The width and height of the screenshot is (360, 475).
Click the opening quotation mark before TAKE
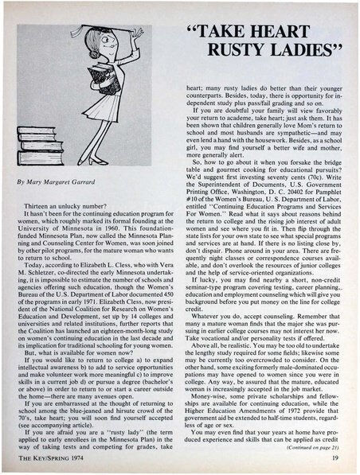coord(199,33)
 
